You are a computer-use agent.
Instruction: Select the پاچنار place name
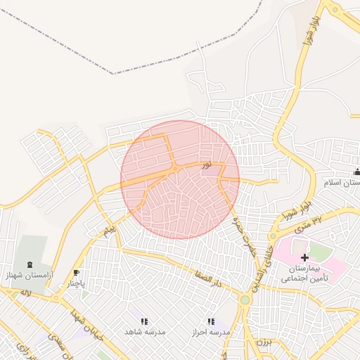point(75,285)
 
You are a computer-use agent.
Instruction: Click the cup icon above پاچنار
point(76,274)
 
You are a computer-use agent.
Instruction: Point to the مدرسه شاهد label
point(144,331)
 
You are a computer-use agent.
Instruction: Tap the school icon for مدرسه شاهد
point(144,321)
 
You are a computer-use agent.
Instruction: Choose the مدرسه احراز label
point(210,331)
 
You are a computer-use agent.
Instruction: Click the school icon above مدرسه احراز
point(210,321)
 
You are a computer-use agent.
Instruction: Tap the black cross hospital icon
point(304,259)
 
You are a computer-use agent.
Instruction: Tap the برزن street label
point(263,342)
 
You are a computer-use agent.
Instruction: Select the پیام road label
point(108,231)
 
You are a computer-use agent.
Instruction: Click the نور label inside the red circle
point(206,165)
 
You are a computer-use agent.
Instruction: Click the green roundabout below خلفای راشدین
point(245,300)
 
